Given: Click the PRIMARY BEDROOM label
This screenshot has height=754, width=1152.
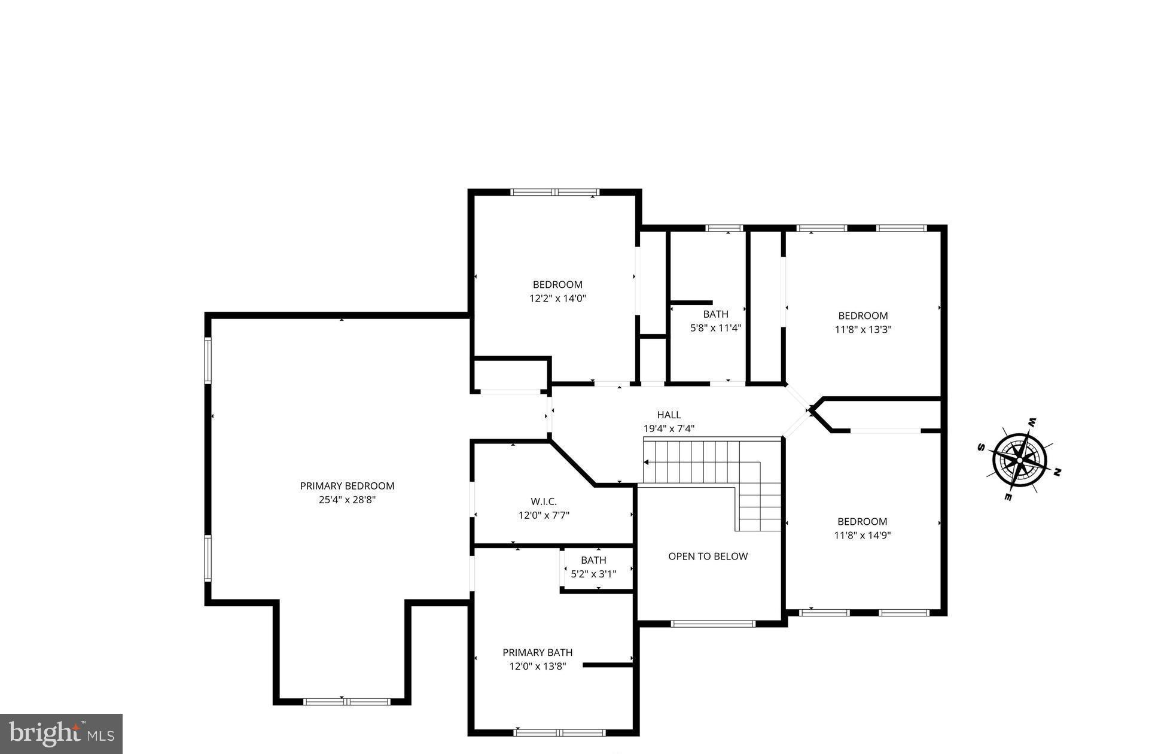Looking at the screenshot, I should click(347, 486).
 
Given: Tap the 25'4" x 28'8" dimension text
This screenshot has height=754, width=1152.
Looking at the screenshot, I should click(347, 500).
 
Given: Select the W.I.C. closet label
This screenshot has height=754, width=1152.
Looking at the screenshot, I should click(543, 501).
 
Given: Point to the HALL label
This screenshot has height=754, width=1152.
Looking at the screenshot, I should click(669, 415).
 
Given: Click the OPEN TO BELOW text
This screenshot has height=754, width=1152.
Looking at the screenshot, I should click(708, 557).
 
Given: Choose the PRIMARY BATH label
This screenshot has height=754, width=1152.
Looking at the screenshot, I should click(537, 652).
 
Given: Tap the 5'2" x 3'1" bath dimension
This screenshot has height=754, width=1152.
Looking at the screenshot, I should click(593, 574).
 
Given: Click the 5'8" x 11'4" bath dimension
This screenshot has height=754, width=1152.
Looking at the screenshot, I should click(715, 328).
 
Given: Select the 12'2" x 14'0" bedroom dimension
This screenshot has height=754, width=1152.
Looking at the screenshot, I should click(557, 298).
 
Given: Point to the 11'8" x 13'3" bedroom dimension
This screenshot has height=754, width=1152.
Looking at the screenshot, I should click(863, 329).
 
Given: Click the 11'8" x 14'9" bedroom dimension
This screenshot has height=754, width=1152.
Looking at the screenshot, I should click(862, 536).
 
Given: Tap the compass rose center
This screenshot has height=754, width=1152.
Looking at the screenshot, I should click(1019, 460).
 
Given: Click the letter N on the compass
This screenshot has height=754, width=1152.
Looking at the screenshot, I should click(1057, 473).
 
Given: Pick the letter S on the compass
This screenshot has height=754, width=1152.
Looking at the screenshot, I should click(981, 447).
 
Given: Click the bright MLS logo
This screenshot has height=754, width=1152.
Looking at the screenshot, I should click(61, 733).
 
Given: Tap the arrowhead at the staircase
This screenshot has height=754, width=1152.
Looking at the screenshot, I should click(646, 462).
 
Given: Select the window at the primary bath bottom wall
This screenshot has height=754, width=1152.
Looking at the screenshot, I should click(559, 732).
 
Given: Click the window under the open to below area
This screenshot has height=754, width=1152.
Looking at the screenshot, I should click(712, 624).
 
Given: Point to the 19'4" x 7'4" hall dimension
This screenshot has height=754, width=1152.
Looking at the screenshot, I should click(669, 428).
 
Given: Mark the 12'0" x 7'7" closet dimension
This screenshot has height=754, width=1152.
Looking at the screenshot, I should click(543, 515).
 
